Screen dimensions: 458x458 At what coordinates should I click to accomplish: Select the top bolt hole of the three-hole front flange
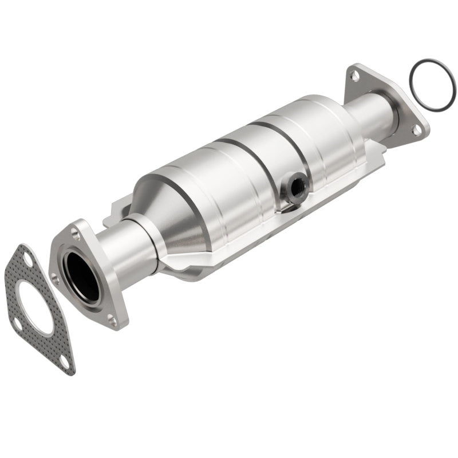(x=76, y=231)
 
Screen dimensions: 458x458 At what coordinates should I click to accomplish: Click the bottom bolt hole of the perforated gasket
(x=65, y=363)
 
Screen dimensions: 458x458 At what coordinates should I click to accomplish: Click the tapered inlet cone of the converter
(x=172, y=212)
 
